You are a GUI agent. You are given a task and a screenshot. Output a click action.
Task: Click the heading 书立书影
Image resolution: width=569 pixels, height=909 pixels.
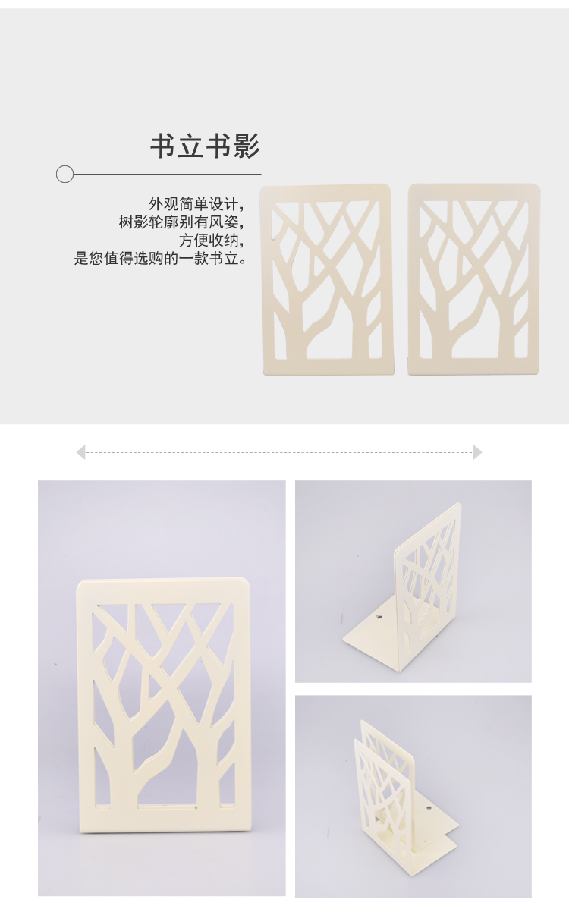[x=205, y=146]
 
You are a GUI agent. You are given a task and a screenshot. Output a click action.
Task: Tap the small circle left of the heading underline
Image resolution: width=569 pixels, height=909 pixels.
[x=65, y=174]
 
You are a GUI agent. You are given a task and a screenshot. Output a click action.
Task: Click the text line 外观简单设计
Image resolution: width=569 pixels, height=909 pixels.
[x=196, y=204]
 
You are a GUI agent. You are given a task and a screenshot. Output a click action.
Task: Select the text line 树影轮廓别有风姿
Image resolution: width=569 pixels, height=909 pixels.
[x=181, y=222]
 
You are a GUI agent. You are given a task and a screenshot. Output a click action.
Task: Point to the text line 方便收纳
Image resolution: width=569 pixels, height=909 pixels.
[x=211, y=240]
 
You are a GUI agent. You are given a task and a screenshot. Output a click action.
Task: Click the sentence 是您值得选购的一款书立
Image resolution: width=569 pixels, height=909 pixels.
[x=161, y=258]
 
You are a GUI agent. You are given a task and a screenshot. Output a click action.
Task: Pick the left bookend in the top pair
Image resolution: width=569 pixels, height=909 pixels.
[x=327, y=279]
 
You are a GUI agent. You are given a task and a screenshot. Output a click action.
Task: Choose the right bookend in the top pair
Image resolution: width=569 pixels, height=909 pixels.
[x=474, y=278]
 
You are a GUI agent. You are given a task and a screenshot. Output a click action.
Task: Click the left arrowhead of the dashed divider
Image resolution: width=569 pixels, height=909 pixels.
[x=80, y=452]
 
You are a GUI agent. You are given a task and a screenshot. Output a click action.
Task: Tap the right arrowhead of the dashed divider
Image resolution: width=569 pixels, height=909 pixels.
[x=477, y=452]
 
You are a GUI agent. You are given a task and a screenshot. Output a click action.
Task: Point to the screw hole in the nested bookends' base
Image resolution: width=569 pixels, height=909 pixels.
[x=429, y=807]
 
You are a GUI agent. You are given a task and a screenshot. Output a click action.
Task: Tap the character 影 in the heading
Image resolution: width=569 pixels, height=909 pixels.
[x=247, y=146]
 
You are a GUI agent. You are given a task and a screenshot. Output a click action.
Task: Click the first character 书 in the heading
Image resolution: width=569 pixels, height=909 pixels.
[x=163, y=146]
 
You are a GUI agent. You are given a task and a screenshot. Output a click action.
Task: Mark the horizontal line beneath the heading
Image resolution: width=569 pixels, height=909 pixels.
[x=167, y=174]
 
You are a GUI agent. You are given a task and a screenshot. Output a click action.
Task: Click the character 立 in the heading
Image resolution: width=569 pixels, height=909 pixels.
[x=191, y=146]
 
